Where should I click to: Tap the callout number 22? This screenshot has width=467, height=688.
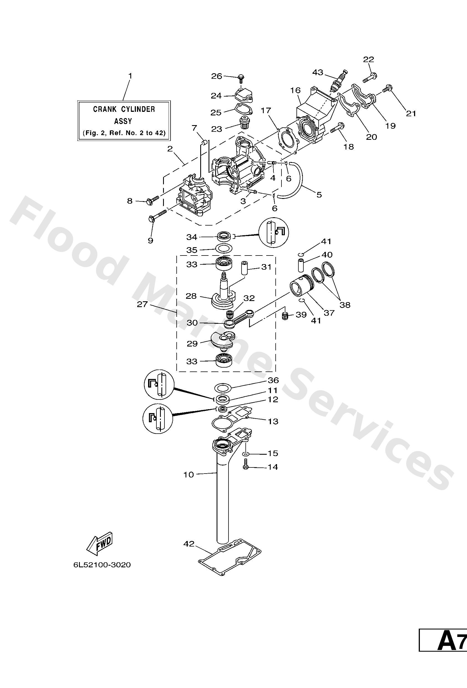click(369, 59)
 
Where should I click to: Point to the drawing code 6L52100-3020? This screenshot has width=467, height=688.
click(102, 565)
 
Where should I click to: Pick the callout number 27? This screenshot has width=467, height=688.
click(142, 304)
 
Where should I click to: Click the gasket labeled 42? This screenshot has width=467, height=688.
click(230, 560)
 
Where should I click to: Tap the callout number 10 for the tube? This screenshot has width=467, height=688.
click(189, 475)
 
